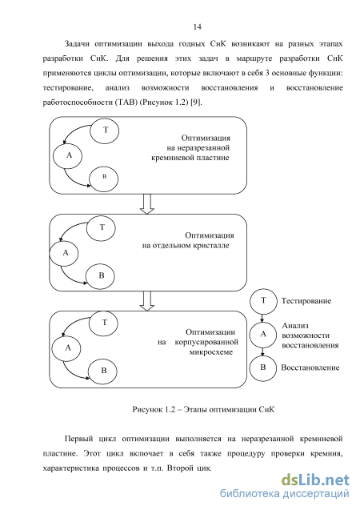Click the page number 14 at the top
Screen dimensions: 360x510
pos(198,26)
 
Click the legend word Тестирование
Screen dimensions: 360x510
pos(306,301)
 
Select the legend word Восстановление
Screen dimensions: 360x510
pos(310,367)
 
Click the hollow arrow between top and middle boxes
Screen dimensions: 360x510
pos(147,204)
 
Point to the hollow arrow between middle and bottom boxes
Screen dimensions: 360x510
pos(147,301)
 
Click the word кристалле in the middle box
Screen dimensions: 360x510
pos(211,246)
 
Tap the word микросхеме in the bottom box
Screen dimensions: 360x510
pos(211,352)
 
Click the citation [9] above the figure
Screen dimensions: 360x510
pos(196,102)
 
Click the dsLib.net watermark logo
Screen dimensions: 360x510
pos(315,480)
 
